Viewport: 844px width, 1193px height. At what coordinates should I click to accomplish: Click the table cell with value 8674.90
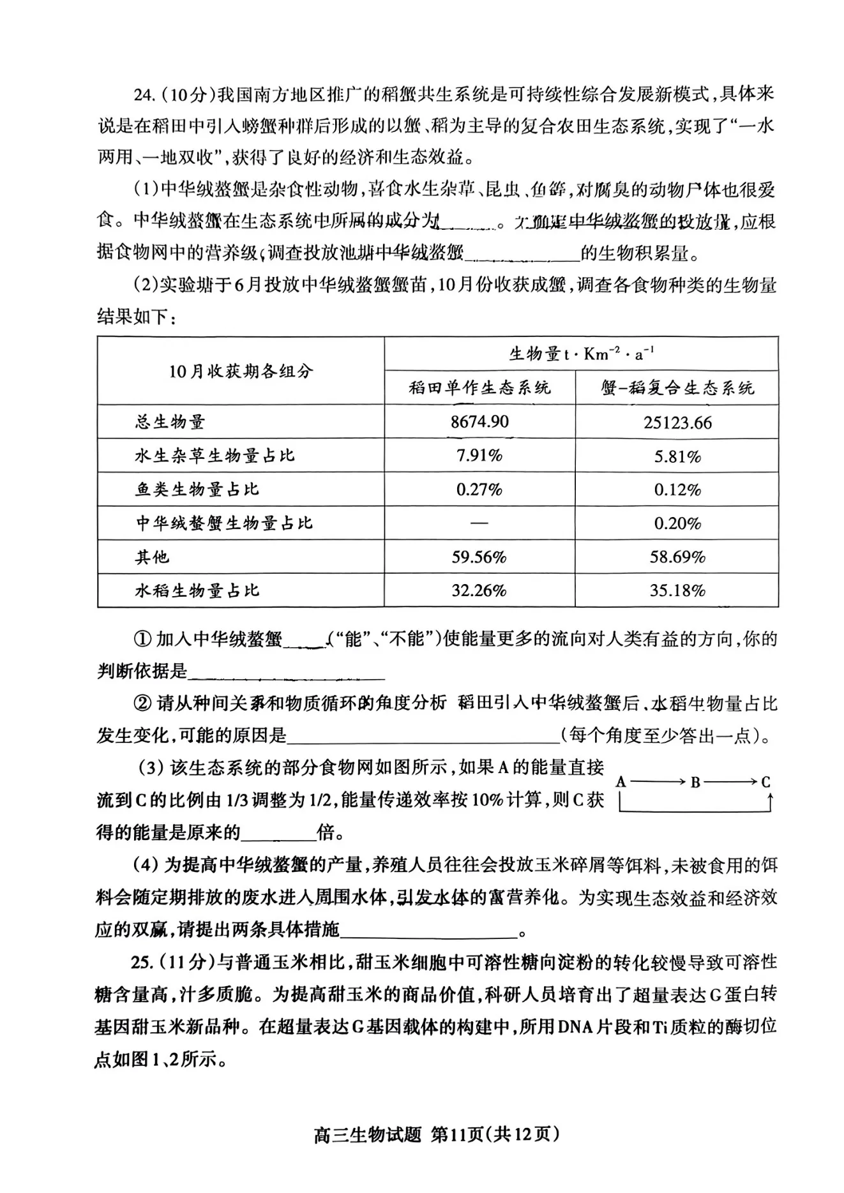coord(479,422)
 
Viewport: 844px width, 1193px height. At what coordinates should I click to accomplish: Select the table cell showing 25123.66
coord(677,423)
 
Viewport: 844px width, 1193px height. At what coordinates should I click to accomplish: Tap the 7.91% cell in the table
coord(479,456)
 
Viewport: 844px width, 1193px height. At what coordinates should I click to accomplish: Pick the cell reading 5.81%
coord(677,456)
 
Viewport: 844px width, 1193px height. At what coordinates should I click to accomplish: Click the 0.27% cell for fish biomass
coord(479,490)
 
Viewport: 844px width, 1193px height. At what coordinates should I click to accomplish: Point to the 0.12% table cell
coord(677,490)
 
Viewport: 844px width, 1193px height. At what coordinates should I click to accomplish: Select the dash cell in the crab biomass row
coord(479,523)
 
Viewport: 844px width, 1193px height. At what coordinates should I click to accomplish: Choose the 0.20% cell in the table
coord(677,523)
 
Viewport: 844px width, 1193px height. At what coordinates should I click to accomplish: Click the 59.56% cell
coord(479,557)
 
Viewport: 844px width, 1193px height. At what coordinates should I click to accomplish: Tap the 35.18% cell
coord(677,590)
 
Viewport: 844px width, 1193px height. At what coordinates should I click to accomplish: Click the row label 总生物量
coord(170,422)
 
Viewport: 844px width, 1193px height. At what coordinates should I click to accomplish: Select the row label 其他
coord(152,557)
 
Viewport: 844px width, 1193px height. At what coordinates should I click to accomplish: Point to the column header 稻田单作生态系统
coord(479,387)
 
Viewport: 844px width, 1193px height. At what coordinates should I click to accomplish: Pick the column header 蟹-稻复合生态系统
coord(677,387)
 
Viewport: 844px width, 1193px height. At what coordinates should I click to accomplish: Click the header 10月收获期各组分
coord(241,371)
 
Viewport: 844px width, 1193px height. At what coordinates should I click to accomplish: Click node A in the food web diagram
coord(621,782)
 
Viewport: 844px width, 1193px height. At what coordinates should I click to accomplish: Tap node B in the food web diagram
coord(695,782)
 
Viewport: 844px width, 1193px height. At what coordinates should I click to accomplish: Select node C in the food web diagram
coord(766,782)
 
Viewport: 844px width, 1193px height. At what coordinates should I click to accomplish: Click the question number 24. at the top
coord(144,95)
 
